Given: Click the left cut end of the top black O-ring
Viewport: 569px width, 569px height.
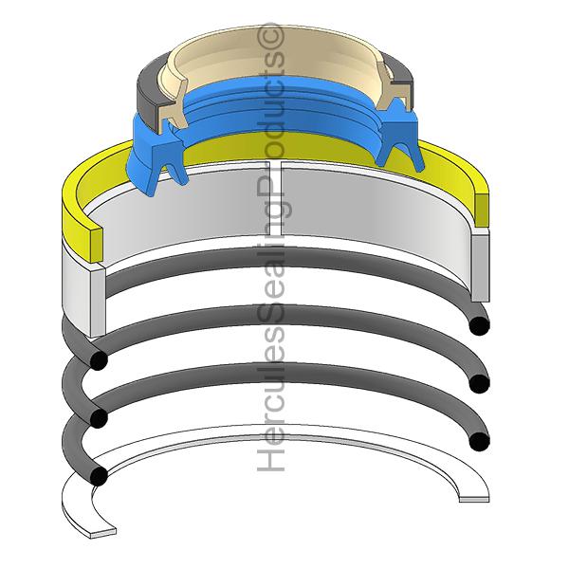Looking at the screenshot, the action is tap(99, 359).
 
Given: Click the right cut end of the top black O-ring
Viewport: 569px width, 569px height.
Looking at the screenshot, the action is tap(479, 325).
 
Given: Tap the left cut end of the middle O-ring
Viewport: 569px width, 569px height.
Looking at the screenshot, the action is tap(99, 417).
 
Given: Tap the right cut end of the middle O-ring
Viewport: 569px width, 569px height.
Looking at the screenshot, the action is tap(479, 383).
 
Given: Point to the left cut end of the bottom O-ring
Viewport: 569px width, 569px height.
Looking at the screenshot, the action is tap(99, 475).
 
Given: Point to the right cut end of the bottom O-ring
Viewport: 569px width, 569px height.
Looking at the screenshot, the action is tap(479, 442).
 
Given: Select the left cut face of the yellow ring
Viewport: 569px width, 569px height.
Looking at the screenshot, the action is tap(96, 246).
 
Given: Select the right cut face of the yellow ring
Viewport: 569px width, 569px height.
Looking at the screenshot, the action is tap(482, 209).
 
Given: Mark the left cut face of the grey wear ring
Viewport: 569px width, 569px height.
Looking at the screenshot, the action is tap(98, 303).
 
